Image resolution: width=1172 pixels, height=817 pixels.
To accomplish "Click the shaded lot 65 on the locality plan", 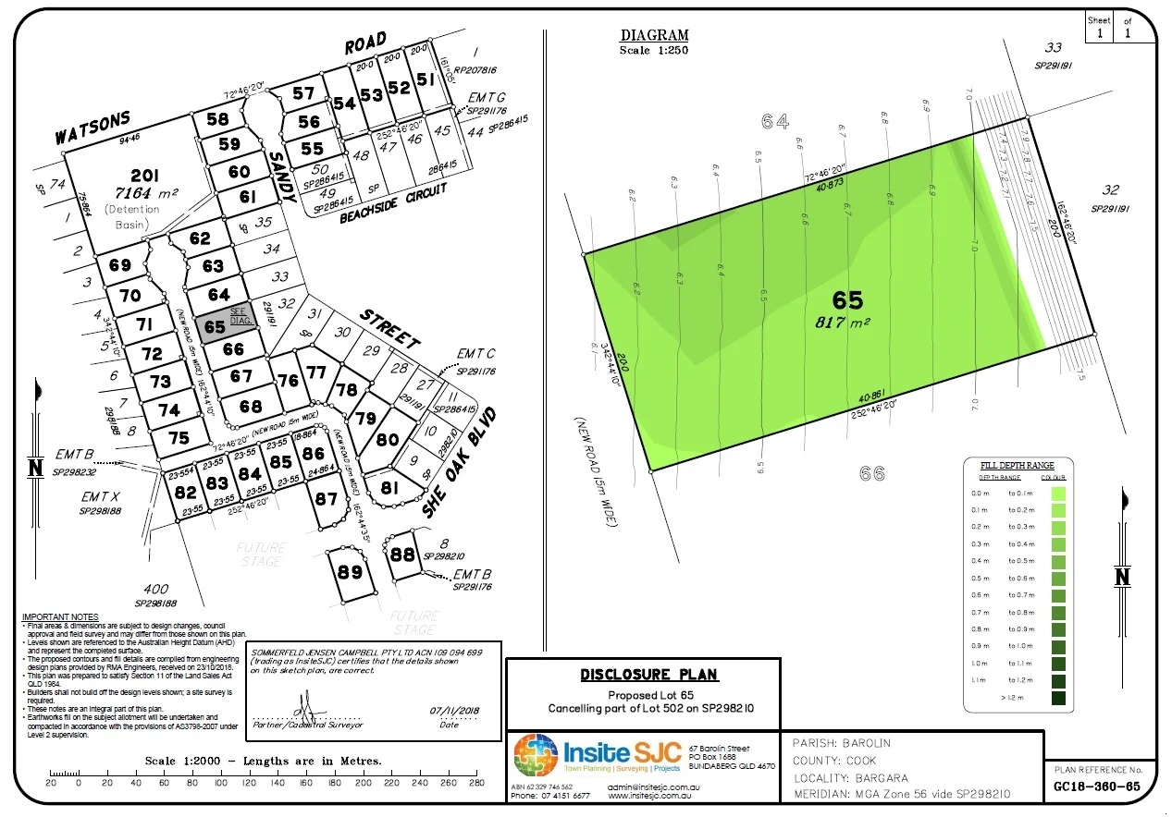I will pos(216,326).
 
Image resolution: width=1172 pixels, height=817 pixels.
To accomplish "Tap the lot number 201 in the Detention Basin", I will pos(144,177).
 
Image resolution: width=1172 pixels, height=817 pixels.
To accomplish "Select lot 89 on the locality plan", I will pos(350,572).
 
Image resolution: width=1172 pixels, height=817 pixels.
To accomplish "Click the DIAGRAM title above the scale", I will pos(655,36).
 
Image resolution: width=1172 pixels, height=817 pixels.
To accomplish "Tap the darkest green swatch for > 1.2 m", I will pos(1058,698).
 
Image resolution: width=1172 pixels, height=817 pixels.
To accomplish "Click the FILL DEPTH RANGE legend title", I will pos(1016,466).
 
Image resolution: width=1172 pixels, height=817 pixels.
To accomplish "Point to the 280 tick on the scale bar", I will pos(477,783).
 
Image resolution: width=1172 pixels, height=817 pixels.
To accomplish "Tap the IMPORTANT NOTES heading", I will pos(59,616).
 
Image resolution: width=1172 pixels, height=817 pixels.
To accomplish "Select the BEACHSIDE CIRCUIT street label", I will pos(393,202).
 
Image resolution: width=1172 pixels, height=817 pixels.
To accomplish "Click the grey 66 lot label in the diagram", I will pos(871,473).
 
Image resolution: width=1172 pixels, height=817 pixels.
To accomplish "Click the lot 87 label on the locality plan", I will pos(327,499).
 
